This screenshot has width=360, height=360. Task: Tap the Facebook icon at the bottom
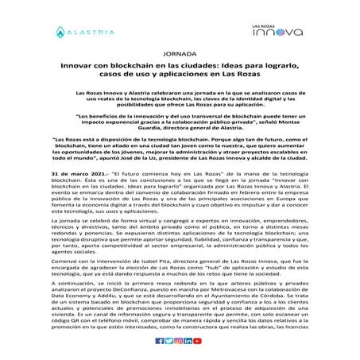[160, 341]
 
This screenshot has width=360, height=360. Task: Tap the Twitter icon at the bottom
[169, 341]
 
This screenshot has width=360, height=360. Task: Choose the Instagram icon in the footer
[179, 341]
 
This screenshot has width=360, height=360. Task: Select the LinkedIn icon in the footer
[188, 341]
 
